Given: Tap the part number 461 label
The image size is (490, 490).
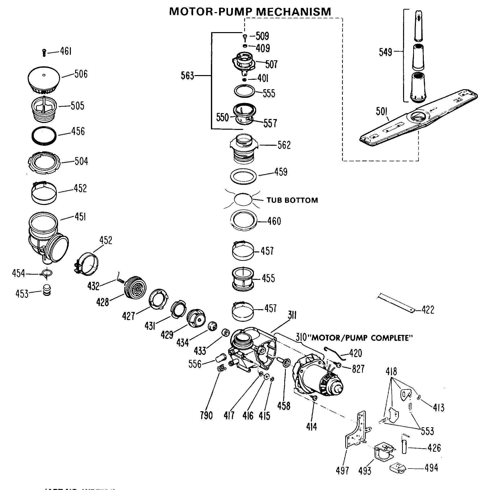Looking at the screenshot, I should pos(66,51).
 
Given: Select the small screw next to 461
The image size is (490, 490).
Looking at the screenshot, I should pos(44,53).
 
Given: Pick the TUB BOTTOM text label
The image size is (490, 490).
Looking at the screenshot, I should pos(292,200).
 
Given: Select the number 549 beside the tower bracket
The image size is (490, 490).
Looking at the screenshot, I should pos(386,52).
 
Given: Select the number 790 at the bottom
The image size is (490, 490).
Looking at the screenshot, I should pos(206,415).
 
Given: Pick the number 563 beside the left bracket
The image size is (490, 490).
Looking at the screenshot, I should pos(187,76).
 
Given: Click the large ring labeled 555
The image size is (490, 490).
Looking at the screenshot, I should pos(245,91).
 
